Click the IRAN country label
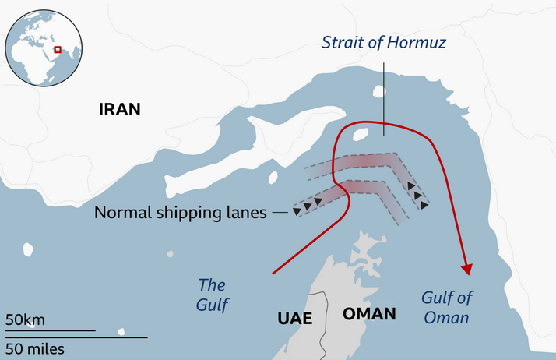tap(119, 109)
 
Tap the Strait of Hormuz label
tap(384, 42)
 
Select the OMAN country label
tap(368, 314)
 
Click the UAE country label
tap(294, 318)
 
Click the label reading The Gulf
tap(213, 295)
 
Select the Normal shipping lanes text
tap(180, 212)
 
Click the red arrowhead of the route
tap(467, 268)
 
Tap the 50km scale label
tap(25, 319)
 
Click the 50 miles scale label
tap(35, 348)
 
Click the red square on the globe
tap(57, 50)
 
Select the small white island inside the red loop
tap(360, 134)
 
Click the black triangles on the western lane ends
tap(308, 206)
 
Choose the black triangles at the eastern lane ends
tap(417, 195)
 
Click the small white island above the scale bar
tap(29, 249)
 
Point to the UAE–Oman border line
tap(322, 319)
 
